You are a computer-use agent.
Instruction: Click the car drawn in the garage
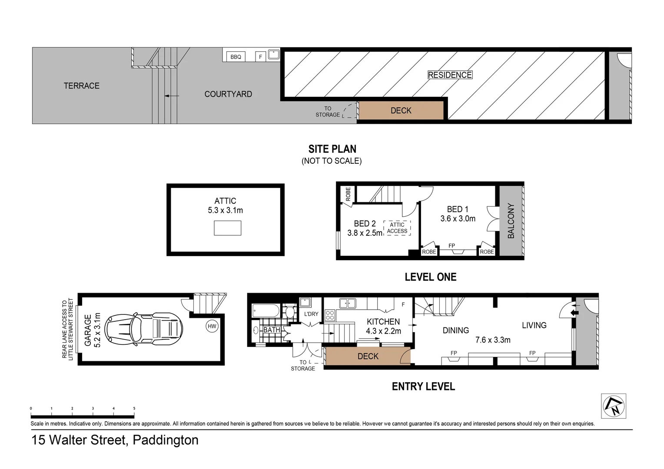pos(143,329)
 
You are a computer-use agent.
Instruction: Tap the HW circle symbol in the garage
pos(212,326)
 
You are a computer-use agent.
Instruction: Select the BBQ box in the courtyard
pos(236,57)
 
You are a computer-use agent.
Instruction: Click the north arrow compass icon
pos(613,406)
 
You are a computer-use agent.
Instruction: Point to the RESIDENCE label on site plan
pos(450,75)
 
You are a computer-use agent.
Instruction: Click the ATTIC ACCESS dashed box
pos(397,228)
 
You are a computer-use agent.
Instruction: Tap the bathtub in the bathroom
pos(266,311)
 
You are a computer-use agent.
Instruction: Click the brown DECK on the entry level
pos(368,357)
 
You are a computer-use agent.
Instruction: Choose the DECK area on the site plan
pos(401,111)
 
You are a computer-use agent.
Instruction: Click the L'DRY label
pos(311,314)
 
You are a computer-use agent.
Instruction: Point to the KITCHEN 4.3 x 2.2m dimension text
pos(383,331)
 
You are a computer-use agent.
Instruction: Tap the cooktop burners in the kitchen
pos(330,315)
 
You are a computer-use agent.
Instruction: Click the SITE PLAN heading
pos(332,149)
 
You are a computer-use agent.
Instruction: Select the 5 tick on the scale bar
pos(134,409)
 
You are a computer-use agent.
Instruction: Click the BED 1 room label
pos(458,209)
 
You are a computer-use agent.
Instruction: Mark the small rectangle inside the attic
pos(227,228)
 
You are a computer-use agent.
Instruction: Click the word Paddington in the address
pos(165,440)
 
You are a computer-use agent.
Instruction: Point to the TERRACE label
pos(82,86)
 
